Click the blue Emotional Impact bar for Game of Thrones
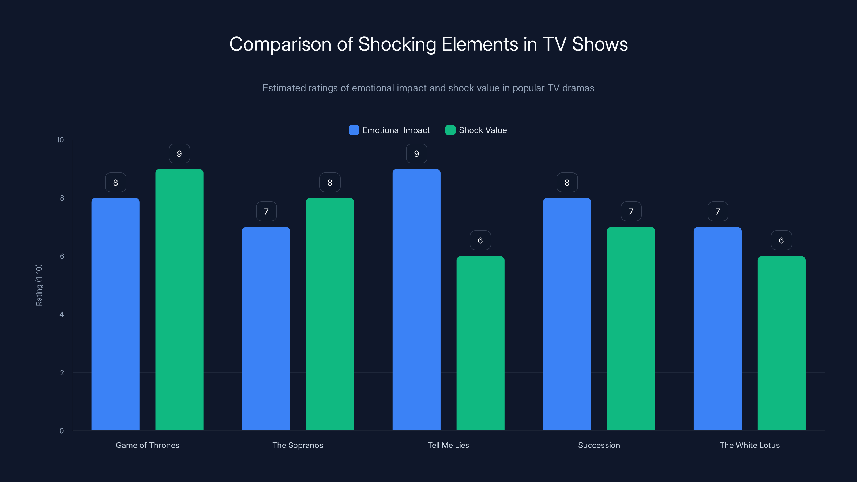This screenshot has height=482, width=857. click(x=115, y=314)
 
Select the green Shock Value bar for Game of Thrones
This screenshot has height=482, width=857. click(x=179, y=299)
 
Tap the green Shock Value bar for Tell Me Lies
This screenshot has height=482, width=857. click(x=480, y=343)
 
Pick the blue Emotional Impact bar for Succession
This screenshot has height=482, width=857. click(x=567, y=314)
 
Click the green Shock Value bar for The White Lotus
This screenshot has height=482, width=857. click(x=781, y=343)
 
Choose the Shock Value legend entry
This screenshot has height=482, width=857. click(x=476, y=130)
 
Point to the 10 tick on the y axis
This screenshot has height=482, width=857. click(x=60, y=140)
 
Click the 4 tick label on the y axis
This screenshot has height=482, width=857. click(x=62, y=314)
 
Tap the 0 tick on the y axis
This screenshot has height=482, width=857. click(x=62, y=431)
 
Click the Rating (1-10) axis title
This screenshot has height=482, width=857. click(x=39, y=285)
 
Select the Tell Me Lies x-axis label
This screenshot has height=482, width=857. click(x=448, y=445)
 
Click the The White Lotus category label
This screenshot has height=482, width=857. click(x=750, y=445)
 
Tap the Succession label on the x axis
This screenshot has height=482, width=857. click(x=599, y=445)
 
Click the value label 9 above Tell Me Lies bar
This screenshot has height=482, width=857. click(x=416, y=154)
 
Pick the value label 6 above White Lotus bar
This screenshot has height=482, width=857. click(x=781, y=240)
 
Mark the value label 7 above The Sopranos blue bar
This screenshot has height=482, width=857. click(x=266, y=212)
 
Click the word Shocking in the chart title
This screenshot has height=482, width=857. click(x=397, y=44)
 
